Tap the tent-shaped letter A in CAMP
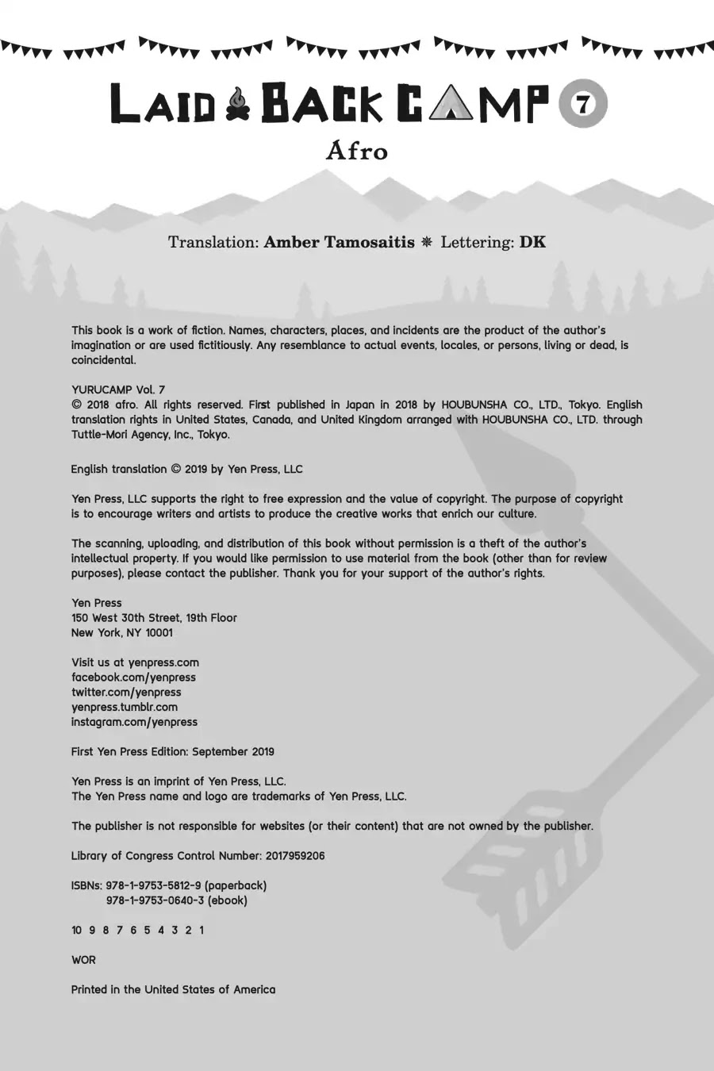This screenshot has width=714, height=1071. click(450, 105)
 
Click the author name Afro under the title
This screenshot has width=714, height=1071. click(357, 151)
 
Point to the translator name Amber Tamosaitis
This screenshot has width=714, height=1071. click(339, 242)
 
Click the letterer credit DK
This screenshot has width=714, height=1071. click(532, 242)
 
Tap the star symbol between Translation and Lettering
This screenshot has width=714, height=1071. click(427, 242)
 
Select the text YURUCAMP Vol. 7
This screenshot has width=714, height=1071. click(118, 390)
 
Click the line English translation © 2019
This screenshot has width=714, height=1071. click(186, 469)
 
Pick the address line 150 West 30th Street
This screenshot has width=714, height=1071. click(154, 617)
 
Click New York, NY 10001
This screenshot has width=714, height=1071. click(121, 632)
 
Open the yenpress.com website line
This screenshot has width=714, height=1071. click(135, 662)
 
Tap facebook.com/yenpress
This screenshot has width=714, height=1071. click(133, 678)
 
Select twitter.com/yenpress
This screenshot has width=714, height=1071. click(126, 692)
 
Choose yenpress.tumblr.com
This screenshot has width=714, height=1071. click(125, 707)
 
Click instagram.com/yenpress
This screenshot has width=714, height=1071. click(134, 722)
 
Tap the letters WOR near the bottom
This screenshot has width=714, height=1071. click(83, 960)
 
